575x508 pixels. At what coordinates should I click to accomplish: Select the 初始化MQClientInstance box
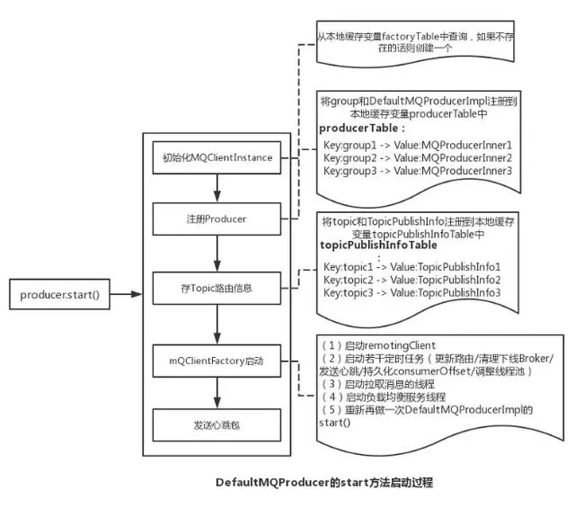[x=217, y=158]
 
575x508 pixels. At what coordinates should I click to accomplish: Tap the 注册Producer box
[x=217, y=218]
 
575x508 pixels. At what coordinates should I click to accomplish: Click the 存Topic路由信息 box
[x=217, y=288]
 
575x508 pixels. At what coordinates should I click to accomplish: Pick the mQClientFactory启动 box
[x=217, y=361]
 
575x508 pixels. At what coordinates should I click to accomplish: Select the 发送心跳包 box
[x=217, y=423]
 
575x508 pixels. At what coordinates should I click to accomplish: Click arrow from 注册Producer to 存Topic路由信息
[x=217, y=253]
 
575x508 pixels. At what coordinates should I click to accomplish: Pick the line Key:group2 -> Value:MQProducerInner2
[x=417, y=156]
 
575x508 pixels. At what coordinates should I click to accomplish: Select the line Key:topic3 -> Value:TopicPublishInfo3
[x=411, y=292]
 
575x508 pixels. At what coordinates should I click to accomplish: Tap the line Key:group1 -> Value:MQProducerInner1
[x=417, y=144]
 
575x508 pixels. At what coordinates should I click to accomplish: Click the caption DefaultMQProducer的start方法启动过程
[x=324, y=483]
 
